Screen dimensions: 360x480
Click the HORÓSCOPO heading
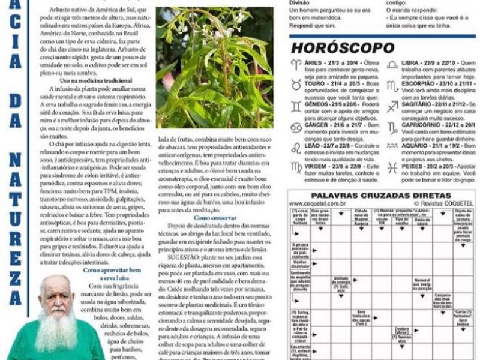343,49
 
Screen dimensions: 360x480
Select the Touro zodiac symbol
296,86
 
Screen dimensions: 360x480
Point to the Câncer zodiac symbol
296,127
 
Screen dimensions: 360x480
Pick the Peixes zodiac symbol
392,169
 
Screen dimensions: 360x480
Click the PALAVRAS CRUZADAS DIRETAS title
382,196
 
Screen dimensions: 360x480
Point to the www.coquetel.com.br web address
317,204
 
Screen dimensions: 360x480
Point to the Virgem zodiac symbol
296,169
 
